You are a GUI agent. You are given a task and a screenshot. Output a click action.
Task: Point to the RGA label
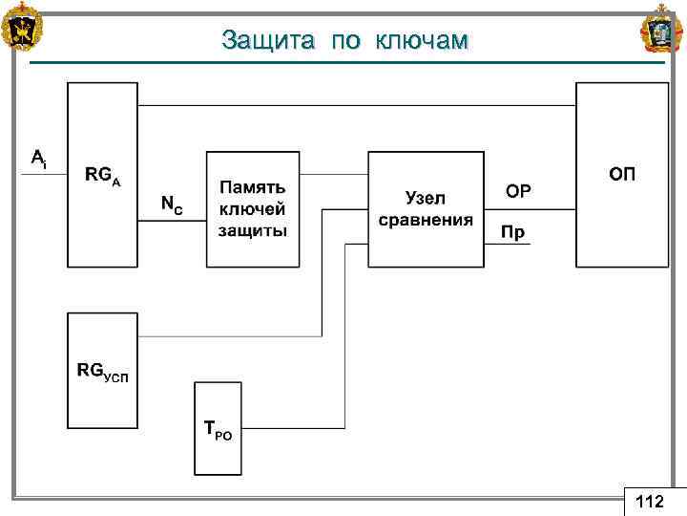[102, 175]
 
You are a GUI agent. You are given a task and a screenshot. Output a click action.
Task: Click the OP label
[518, 192]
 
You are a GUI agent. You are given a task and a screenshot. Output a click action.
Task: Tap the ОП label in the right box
[622, 174]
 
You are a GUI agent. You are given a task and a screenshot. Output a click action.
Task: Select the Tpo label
[218, 430]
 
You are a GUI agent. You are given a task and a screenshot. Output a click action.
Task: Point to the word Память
[253, 186]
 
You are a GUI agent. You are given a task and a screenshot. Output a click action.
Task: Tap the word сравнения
[426, 220]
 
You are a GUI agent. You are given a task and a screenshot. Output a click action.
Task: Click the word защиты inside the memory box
[253, 230]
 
